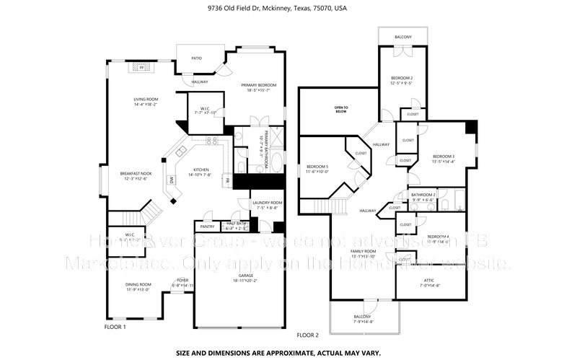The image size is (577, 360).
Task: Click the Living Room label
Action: [x=146, y=100]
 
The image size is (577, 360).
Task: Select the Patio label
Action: [x=196, y=58]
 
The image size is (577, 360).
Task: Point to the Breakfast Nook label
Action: [x=136, y=174]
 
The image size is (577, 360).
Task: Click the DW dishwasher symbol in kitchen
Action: [x=172, y=180]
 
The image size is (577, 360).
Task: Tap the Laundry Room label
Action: [x=267, y=203]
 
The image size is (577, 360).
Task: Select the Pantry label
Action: [x=208, y=226]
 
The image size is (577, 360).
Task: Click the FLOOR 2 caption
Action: [x=307, y=335]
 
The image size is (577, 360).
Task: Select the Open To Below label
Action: [x=341, y=109]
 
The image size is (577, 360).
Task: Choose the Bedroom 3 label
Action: [x=444, y=157]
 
